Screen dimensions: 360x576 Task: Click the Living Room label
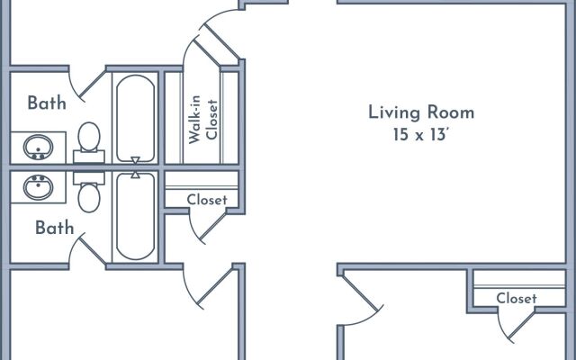pos(421,112)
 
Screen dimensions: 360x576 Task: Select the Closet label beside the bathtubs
pos(207,200)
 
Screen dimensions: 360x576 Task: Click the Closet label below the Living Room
pos(517,298)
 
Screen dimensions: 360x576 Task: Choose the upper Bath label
pos(47,103)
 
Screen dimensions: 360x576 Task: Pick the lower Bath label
pos(54,228)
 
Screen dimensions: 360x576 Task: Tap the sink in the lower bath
pos(37,187)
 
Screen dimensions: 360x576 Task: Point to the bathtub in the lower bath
pos(135,214)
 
